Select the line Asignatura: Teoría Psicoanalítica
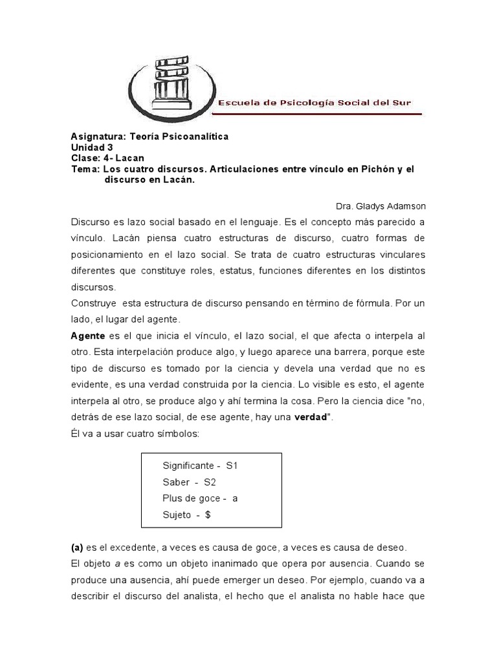(x=149, y=136)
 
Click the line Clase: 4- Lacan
(x=107, y=158)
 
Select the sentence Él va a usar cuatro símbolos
(x=136, y=434)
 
